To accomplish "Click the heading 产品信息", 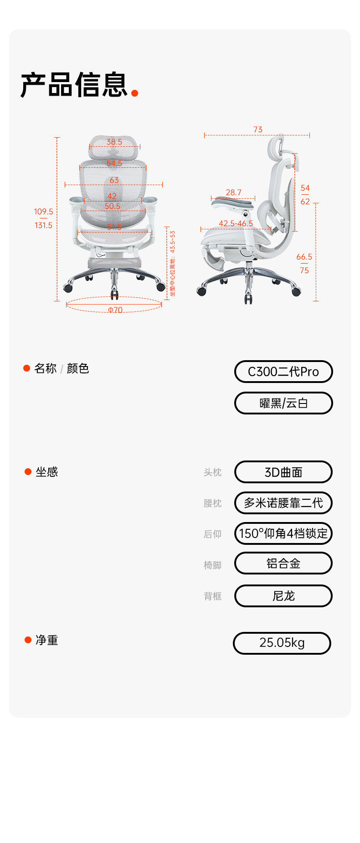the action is click(74, 85).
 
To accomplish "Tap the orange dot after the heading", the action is click(134, 93).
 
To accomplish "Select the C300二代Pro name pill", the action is click(283, 372).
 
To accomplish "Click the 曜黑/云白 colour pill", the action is click(283, 403).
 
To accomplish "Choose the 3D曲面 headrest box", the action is click(283, 472).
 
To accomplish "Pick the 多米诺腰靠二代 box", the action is click(283, 503).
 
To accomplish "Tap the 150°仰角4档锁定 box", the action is click(283, 533).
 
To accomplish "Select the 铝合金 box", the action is click(283, 564).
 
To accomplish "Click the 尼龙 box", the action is click(283, 596).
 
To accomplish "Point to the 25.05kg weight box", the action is click(282, 643).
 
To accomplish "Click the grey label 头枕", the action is click(212, 472).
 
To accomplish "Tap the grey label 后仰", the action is click(212, 534).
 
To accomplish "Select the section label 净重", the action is click(47, 640).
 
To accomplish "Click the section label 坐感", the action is click(47, 472).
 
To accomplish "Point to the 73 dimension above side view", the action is click(258, 129).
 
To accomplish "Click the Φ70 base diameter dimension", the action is click(115, 310).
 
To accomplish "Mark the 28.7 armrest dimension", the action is click(233, 192).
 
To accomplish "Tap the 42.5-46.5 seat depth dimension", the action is click(236, 223).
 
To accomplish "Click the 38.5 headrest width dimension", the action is click(114, 142).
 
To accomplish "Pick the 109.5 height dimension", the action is click(43, 212).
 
